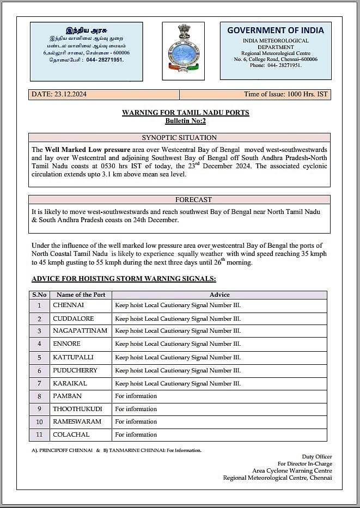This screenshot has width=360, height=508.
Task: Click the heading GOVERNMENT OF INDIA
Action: [275, 30]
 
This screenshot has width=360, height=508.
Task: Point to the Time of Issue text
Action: [285, 94]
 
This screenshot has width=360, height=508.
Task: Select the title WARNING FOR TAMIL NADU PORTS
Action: [185, 113]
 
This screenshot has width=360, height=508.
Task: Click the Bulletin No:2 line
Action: [185, 121]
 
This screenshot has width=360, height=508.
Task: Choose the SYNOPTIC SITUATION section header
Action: [179, 138]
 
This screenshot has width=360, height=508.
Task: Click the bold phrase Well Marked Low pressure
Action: [88, 149]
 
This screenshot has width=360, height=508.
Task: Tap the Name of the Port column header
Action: [81, 295]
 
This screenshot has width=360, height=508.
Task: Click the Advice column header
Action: [219, 295]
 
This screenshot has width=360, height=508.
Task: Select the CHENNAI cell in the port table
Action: [69, 305]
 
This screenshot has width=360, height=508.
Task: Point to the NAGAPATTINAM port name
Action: [80, 330]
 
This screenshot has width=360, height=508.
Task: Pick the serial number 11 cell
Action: [39, 435]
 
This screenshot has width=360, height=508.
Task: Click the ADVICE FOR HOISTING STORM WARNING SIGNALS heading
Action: [124, 279]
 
